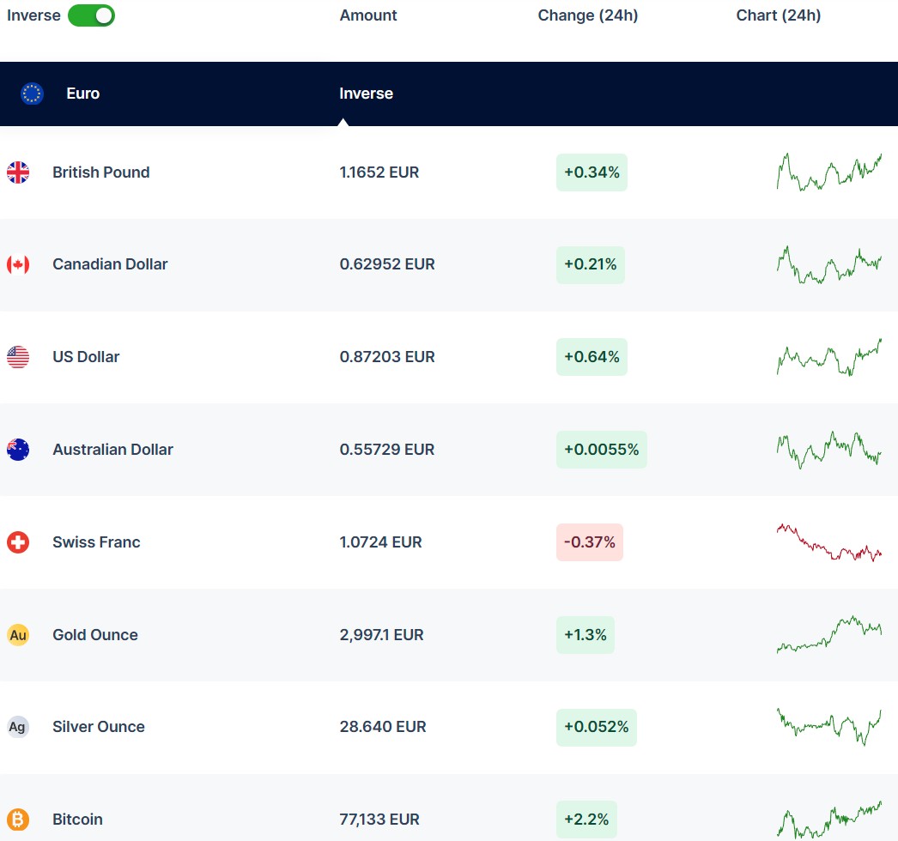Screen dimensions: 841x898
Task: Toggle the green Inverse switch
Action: [x=91, y=15]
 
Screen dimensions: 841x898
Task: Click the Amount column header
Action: [x=368, y=15]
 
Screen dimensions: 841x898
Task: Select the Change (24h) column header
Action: [x=587, y=15]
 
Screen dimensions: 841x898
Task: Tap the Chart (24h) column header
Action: [x=778, y=15]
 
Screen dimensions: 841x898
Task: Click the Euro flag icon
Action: [x=33, y=94]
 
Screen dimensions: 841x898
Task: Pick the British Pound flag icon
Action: [x=18, y=172]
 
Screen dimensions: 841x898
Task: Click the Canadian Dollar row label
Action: [x=110, y=264]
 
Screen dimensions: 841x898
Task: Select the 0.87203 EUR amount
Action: [x=387, y=357]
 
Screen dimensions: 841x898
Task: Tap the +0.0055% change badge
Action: [x=601, y=450]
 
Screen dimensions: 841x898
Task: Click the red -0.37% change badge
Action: [x=589, y=542]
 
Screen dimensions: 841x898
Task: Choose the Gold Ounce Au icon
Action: [x=18, y=635]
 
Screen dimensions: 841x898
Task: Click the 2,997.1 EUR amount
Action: [x=381, y=635]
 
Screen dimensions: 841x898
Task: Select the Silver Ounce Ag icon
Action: [x=18, y=727]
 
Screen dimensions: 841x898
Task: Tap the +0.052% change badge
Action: [x=596, y=727]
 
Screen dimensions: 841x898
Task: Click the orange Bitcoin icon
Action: [x=18, y=820]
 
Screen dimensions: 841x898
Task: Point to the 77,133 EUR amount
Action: [x=379, y=820]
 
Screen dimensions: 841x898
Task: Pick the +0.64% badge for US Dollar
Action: [x=592, y=357]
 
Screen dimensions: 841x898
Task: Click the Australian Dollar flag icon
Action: [x=18, y=450]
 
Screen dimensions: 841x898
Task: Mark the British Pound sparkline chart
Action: [x=828, y=172]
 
